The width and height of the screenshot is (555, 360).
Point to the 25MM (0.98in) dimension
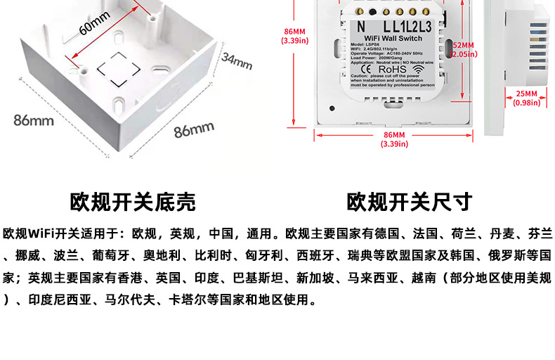click(x=526, y=98)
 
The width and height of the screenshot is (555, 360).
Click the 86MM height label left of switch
click(x=294, y=36)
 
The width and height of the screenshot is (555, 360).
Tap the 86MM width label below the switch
click(x=394, y=139)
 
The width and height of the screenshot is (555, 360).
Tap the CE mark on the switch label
click(x=365, y=69)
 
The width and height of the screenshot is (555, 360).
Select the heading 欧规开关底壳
click(x=133, y=202)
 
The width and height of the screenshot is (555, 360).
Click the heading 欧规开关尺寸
click(x=410, y=202)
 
